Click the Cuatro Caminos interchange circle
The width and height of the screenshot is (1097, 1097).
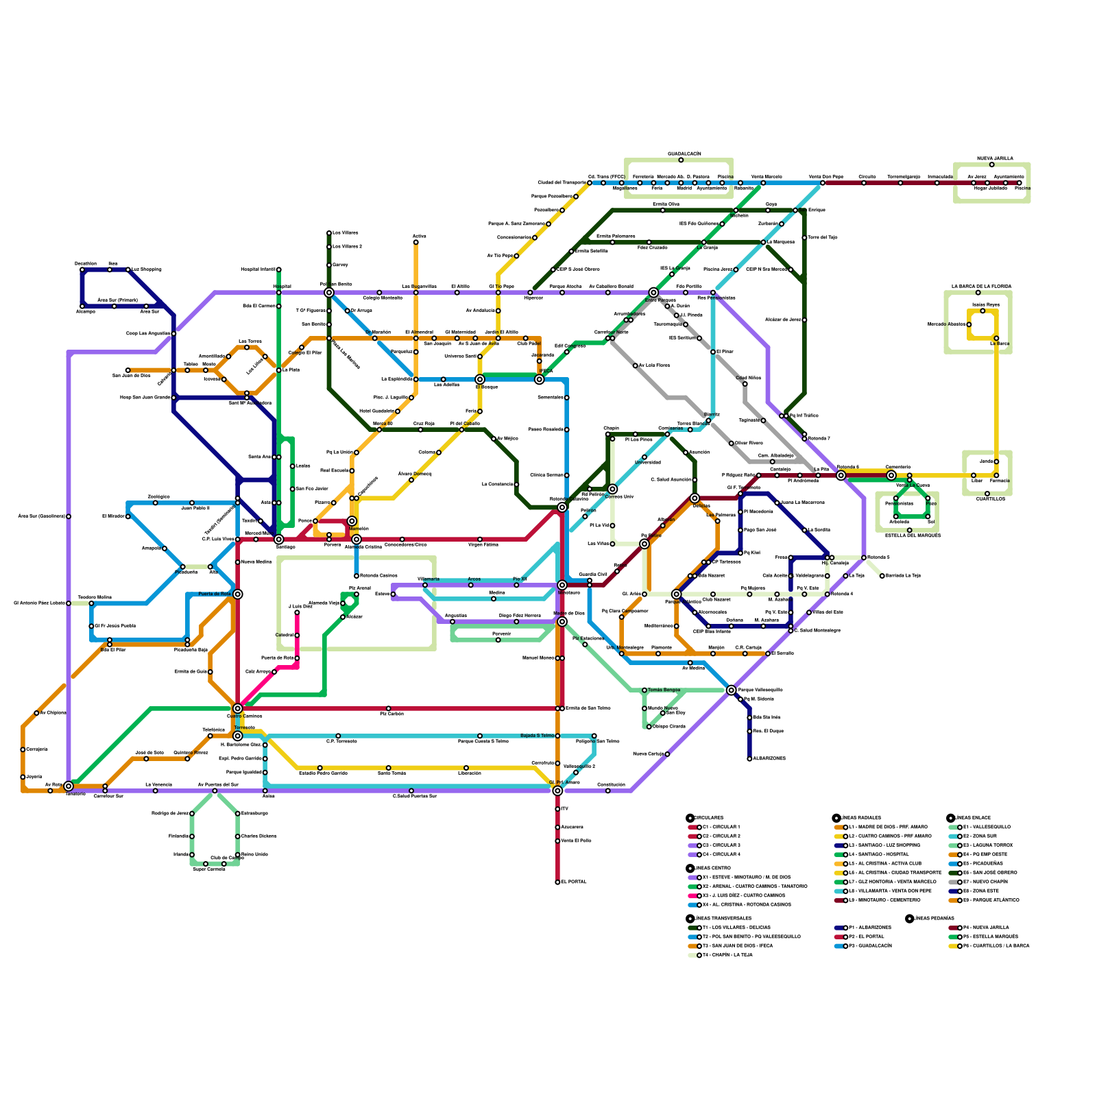[237, 708]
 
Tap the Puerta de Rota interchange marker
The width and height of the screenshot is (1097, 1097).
[237, 594]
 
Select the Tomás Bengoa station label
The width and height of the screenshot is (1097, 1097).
[664, 690]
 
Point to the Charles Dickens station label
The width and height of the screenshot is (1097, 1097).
[254, 836]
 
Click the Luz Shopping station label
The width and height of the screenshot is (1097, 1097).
[147, 269]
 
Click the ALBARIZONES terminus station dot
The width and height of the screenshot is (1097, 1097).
[749, 758]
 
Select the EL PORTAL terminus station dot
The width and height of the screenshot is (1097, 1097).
[557, 882]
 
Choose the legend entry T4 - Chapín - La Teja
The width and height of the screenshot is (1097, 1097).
[727, 955]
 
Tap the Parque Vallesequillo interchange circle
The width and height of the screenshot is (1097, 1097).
[731, 690]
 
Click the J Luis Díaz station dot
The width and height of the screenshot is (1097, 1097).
[297, 612]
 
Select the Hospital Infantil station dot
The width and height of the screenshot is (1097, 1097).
[278, 269]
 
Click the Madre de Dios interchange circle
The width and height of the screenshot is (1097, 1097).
[562, 621]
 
